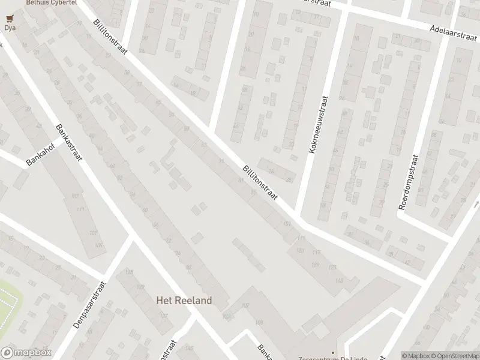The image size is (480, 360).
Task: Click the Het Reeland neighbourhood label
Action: click(x=184, y=300)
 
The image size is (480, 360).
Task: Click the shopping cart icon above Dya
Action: click(x=9, y=18)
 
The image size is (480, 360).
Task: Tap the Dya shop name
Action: click(x=9, y=27)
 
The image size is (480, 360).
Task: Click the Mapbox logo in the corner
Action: click(x=26, y=353)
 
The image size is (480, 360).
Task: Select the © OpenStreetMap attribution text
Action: click(x=452, y=355)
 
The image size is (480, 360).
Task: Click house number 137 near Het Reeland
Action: click(x=226, y=316)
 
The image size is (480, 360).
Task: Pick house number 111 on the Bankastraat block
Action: click(x=82, y=209)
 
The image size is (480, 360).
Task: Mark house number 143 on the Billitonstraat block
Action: click(x=340, y=281)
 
